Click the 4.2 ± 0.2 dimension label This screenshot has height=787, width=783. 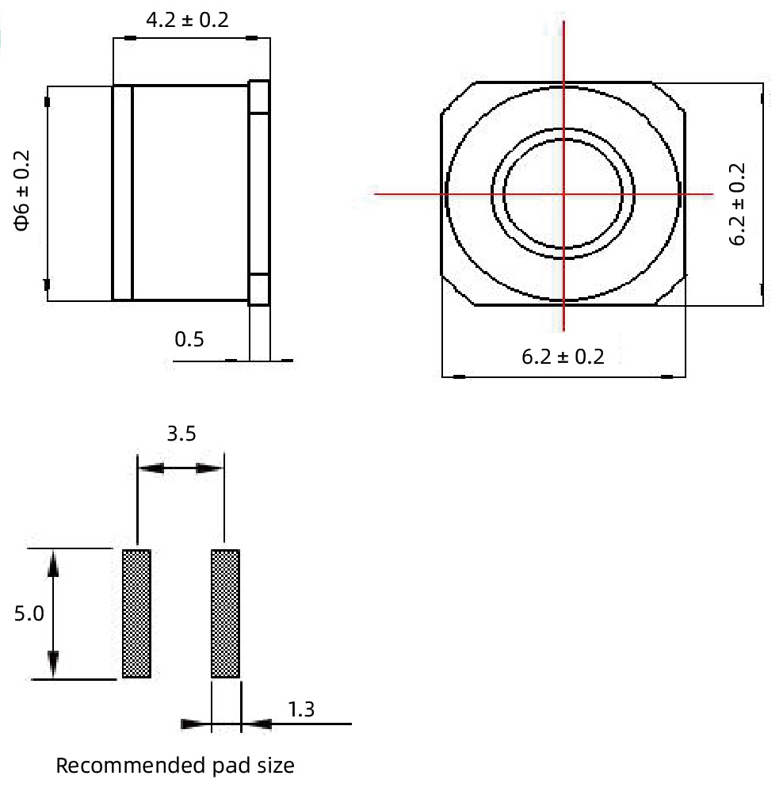click(187, 20)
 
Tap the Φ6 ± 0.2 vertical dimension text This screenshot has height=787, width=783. click(21, 190)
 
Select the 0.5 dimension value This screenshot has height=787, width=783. click(189, 339)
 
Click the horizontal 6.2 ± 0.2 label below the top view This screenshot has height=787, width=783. click(563, 357)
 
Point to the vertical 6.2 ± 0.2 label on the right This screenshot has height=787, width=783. click(738, 204)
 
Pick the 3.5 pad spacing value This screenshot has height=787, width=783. click(181, 434)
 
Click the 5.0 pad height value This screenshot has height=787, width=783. click(29, 613)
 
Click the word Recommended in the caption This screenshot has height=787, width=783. click(117, 766)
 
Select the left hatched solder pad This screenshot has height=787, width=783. click(136, 613)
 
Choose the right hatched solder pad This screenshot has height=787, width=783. click(225, 613)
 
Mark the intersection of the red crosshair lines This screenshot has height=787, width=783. click(563, 193)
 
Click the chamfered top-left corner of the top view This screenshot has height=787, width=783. click(457, 97)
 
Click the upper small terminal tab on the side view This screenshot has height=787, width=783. click(260, 97)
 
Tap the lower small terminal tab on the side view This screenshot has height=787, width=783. click(260, 289)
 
